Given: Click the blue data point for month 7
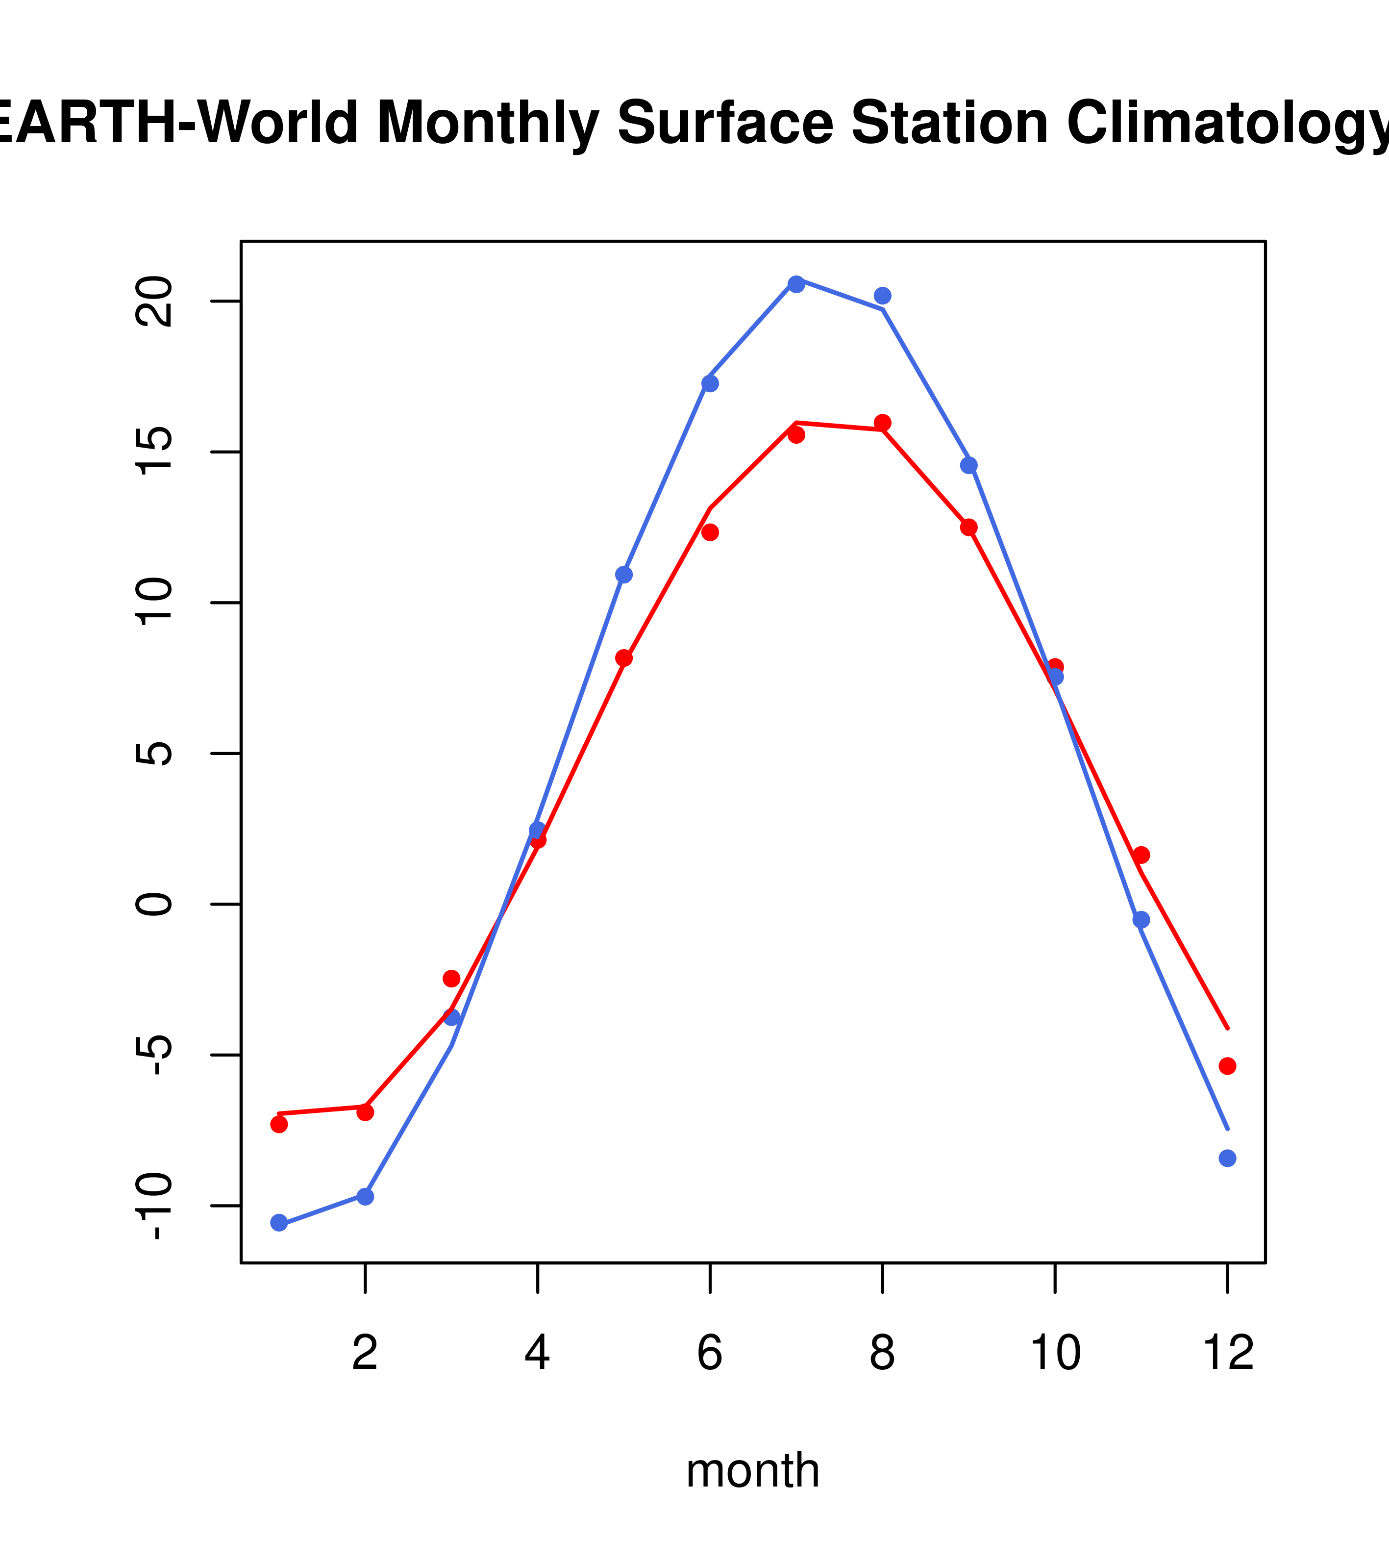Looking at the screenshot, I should click(x=796, y=284).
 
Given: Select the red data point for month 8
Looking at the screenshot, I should click(x=882, y=423).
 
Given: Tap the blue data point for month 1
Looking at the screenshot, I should click(x=279, y=1223).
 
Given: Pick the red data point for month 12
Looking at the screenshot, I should click(x=1227, y=1066).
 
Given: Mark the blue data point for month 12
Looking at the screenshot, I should click(x=1227, y=1159).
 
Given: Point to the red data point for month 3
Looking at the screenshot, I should click(x=451, y=979).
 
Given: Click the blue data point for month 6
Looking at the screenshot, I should click(x=709, y=383).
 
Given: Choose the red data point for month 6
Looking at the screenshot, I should click(x=709, y=532).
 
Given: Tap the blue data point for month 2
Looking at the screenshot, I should click(x=366, y=1196).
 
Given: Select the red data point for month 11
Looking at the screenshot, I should click(x=1141, y=855).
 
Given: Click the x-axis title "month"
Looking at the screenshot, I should click(x=752, y=1470).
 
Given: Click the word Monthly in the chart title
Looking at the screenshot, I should click(x=488, y=124).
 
